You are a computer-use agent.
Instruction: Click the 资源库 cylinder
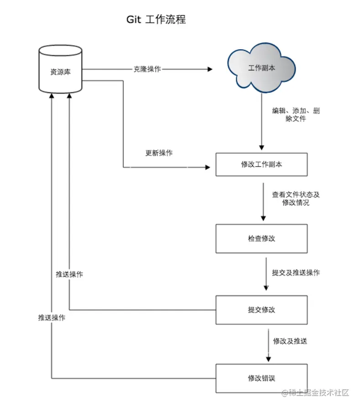60,71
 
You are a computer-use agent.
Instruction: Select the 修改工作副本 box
261,164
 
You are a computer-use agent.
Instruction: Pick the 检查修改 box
261,238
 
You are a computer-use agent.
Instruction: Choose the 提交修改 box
261,310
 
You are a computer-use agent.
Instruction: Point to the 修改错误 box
261,378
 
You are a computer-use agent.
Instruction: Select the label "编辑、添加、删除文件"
296,115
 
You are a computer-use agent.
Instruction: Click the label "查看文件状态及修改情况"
296,199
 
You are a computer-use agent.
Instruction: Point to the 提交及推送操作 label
296,273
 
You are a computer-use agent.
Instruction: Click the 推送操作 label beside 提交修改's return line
69,275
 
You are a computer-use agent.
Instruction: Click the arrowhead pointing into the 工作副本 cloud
210,69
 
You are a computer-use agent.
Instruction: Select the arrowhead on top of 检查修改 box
263,218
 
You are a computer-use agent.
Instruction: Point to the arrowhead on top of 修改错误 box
268,360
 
